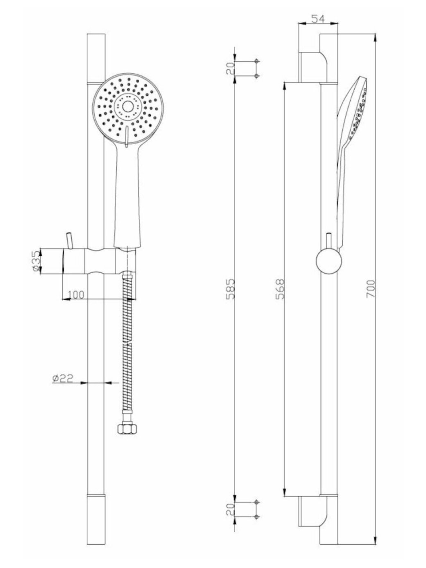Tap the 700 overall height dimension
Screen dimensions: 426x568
pyautogui.click(x=370, y=288)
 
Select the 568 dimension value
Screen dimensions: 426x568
pyautogui.click(x=280, y=289)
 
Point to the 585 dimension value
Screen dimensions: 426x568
pyautogui.click(x=230, y=289)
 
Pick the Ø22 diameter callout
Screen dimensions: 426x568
pyautogui.click(x=63, y=378)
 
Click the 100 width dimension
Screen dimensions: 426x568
pyautogui.click(x=76, y=295)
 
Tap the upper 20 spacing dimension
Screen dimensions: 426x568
pyautogui.click(x=230, y=68)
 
